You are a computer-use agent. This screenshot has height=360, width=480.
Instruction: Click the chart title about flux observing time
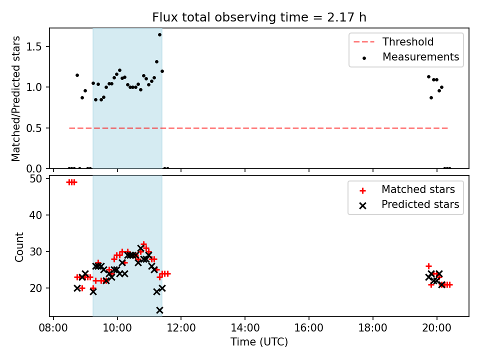[x=259, y=17]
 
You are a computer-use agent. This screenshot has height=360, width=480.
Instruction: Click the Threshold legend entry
[x=393, y=41]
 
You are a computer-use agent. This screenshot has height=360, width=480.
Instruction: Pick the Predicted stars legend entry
[x=409, y=204]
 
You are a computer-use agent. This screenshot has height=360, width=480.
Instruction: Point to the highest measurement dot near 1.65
[x=159, y=35]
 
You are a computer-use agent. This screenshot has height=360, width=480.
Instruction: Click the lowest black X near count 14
[x=159, y=310]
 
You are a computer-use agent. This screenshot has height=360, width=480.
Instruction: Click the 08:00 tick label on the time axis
[x=53, y=328]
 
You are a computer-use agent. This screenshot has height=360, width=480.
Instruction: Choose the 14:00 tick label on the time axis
[x=245, y=328]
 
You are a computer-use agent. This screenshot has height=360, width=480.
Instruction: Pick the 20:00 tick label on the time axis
[x=436, y=328]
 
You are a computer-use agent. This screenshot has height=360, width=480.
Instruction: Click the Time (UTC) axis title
[x=259, y=341]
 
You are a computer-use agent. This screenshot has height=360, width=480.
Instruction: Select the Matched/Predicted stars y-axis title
[x=15, y=98]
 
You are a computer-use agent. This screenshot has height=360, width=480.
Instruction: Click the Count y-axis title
[x=19, y=247]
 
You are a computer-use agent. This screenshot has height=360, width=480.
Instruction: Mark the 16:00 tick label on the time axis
[x=308, y=328]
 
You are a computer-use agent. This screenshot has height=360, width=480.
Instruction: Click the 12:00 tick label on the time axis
[x=181, y=328]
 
